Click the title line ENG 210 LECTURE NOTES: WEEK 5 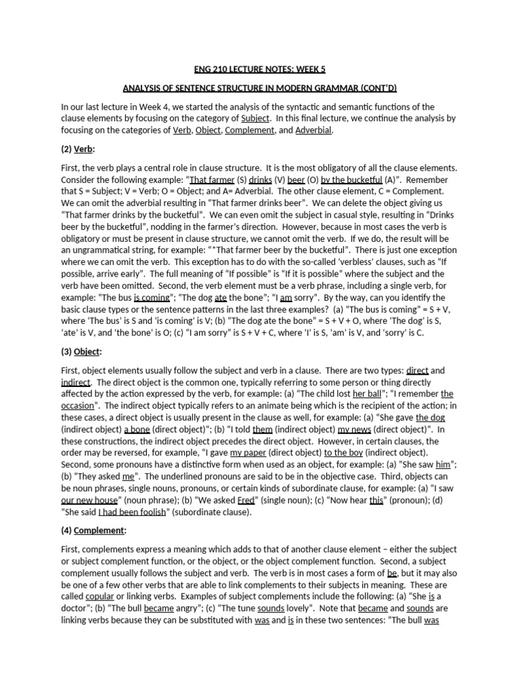pos(259,68)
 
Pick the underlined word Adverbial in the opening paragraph pos(314,129)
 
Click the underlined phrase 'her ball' pos(366,393)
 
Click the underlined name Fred pos(245,500)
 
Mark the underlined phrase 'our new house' pos(85,500)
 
